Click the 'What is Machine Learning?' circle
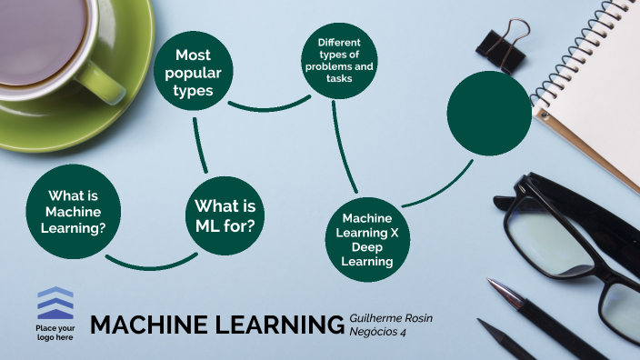pos(73,211)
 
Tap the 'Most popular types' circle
pos(194,73)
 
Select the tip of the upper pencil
pos(491,284)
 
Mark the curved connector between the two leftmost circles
pos(150,264)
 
